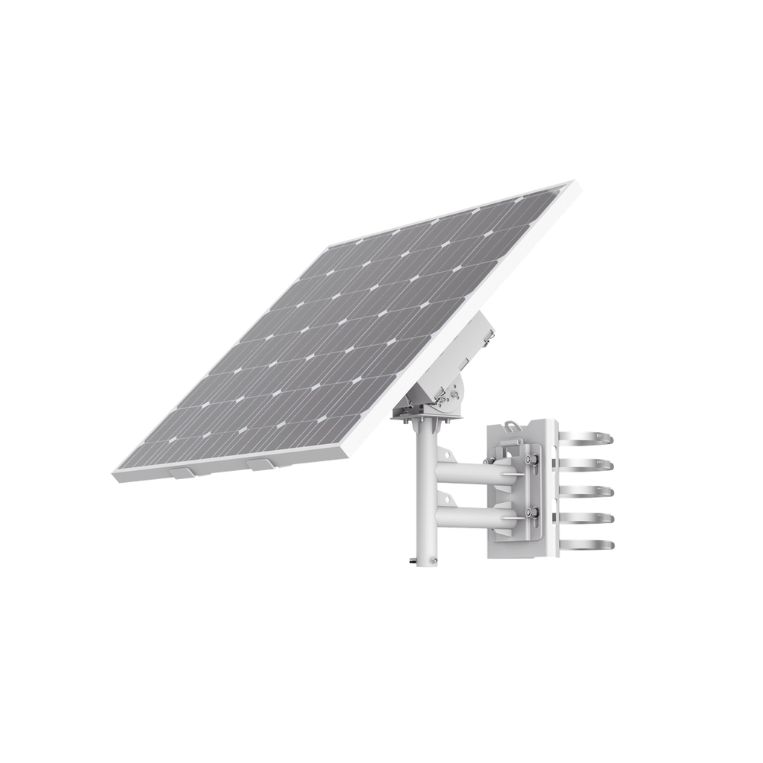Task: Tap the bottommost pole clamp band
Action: point(596,542)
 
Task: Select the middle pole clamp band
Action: point(596,492)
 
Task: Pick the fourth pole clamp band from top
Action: point(596,518)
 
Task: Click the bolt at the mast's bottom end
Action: point(411,557)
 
